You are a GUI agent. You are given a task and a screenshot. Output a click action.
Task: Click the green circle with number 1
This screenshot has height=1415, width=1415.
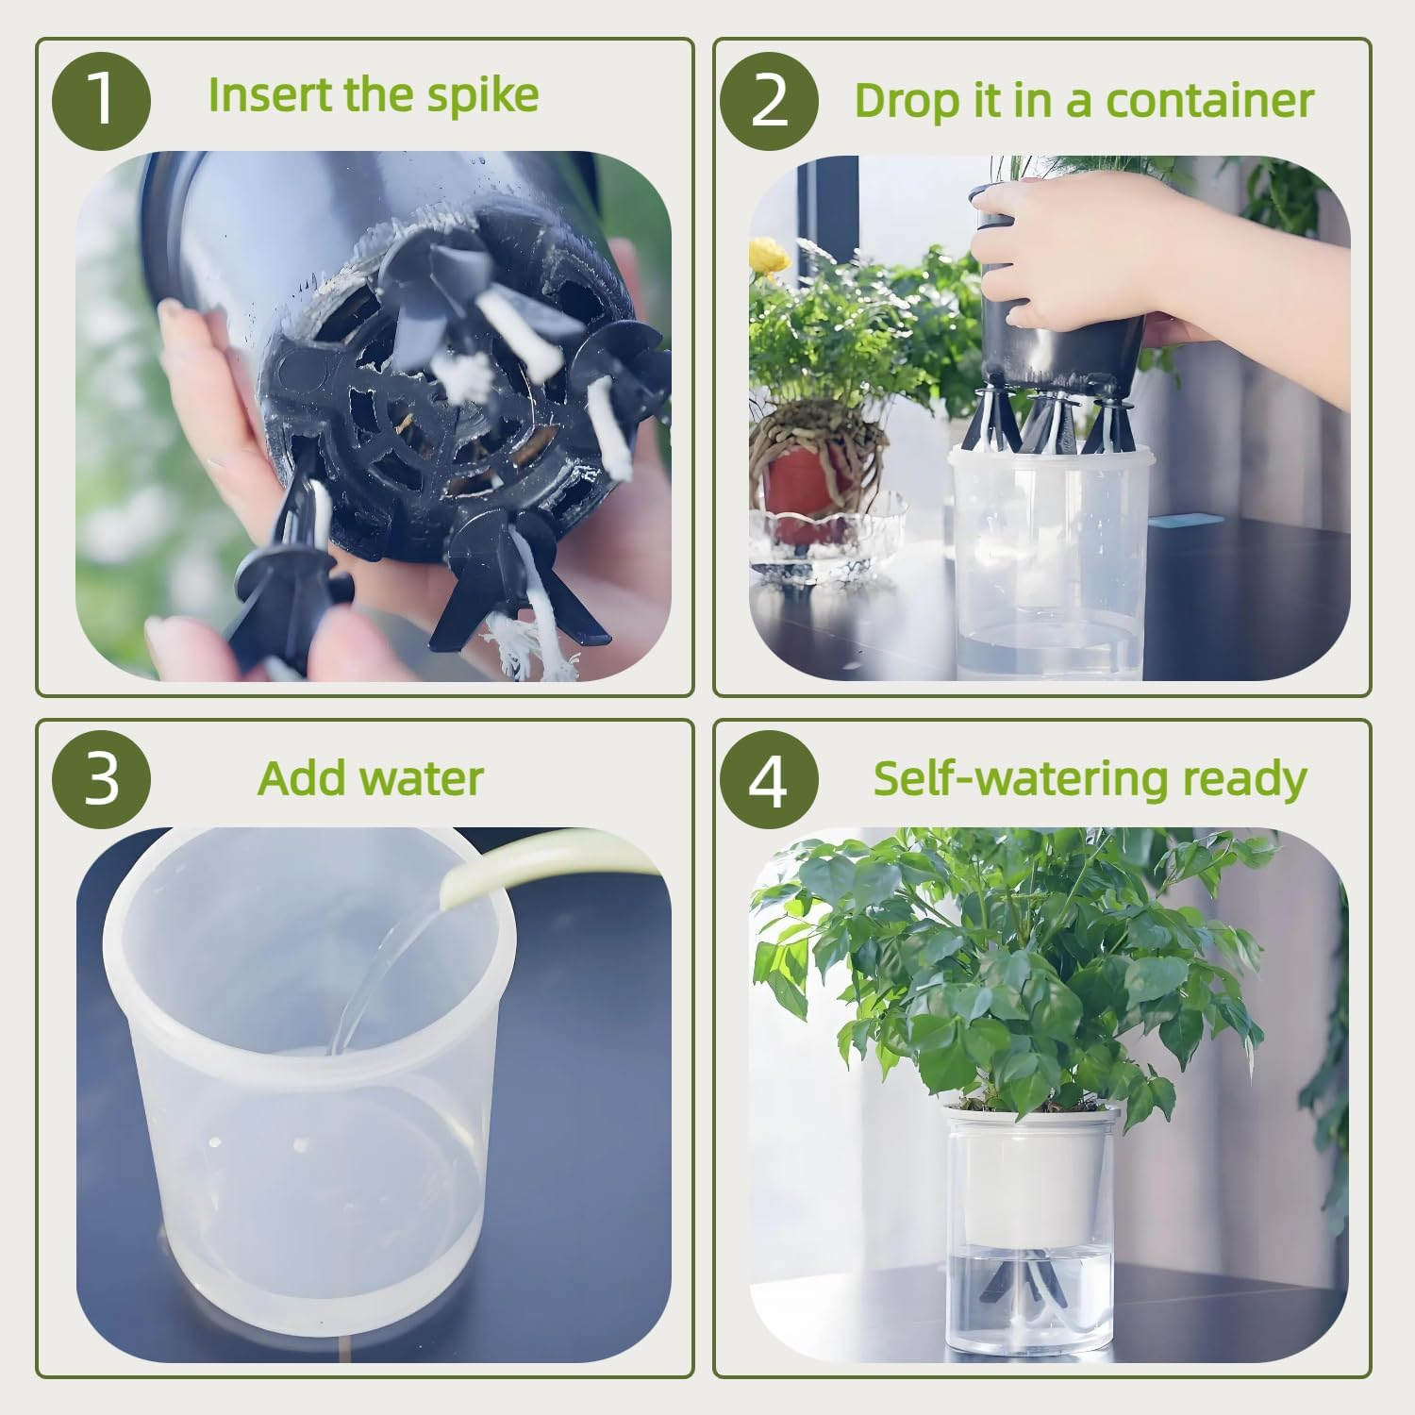[101, 101]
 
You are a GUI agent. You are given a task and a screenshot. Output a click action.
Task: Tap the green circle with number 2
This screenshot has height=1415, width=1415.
[769, 101]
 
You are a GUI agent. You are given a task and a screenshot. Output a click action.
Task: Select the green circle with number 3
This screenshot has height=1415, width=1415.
[101, 779]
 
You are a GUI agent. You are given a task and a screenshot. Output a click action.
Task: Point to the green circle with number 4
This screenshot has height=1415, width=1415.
[769, 779]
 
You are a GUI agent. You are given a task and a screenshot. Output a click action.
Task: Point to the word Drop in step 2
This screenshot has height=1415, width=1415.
[905, 101]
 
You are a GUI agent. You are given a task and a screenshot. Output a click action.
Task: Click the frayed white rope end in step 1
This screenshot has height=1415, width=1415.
[533, 646]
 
